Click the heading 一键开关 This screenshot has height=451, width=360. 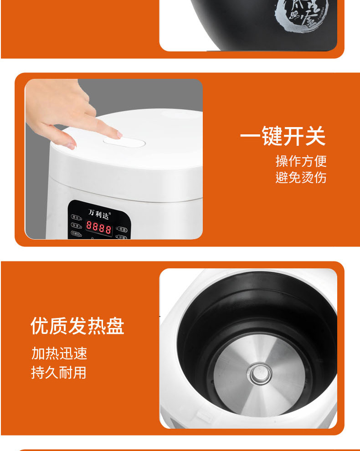click(x=283, y=136)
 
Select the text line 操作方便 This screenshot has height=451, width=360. click(x=301, y=161)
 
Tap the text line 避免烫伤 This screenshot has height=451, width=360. click(x=301, y=177)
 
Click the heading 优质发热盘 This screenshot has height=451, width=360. click(x=77, y=326)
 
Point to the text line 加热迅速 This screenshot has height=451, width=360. click(x=59, y=354)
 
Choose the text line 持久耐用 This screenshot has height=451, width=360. click(x=59, y=373)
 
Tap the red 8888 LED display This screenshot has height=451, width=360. click(x=99, y=227)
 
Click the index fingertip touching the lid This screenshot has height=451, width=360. click(x=117, y=134)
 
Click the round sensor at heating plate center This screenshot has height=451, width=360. click(x=259, y=374)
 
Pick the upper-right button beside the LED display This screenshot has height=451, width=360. click(x=121, y=229)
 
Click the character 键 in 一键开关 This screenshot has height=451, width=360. click(x=272, y=136)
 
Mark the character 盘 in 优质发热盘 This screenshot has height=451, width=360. click(x=114, y=326)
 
